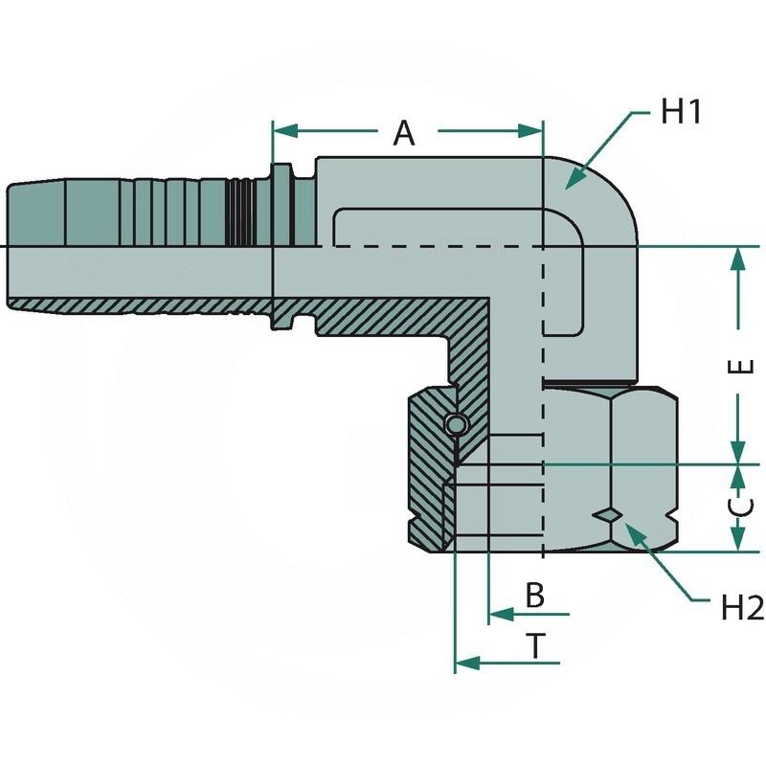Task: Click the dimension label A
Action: click(405, 133)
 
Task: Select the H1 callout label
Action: click(683, 112)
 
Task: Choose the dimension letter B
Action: click(535, 595)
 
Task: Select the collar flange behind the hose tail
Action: click(282, 247)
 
